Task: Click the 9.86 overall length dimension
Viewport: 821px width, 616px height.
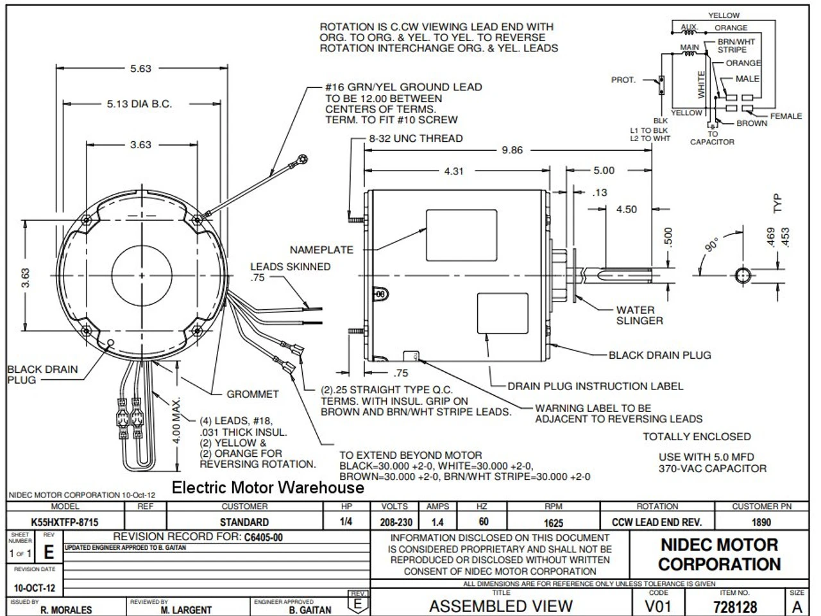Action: [512, 150]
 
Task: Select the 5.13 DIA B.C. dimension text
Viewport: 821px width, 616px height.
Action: [139, 104]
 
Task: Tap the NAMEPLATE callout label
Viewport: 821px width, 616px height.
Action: [321, 250]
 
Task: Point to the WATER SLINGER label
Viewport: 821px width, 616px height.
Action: [639, 315]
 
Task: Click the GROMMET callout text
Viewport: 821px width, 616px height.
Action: [253, 394]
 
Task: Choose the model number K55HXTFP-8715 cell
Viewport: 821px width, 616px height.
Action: [65, 522]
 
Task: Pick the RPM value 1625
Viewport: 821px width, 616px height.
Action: [553, 522]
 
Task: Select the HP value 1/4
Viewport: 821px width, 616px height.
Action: [346, 522]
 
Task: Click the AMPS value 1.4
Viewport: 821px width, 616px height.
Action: [437, 522]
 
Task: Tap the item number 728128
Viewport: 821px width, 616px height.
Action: [734, 606]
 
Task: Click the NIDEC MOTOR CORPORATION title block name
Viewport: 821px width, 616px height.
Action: [719, 554]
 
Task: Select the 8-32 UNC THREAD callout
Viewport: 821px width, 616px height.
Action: [415, 138]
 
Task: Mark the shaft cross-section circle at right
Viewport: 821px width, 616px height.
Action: [743, 275]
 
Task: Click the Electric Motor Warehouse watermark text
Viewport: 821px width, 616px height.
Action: [267, 488]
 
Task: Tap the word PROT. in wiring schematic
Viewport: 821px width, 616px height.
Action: [623, 80]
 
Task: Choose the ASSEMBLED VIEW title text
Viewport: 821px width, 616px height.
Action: [500, 606]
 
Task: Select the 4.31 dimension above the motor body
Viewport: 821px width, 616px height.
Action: [453, 171]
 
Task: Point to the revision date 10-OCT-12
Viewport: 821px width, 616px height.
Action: [35, 588]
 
